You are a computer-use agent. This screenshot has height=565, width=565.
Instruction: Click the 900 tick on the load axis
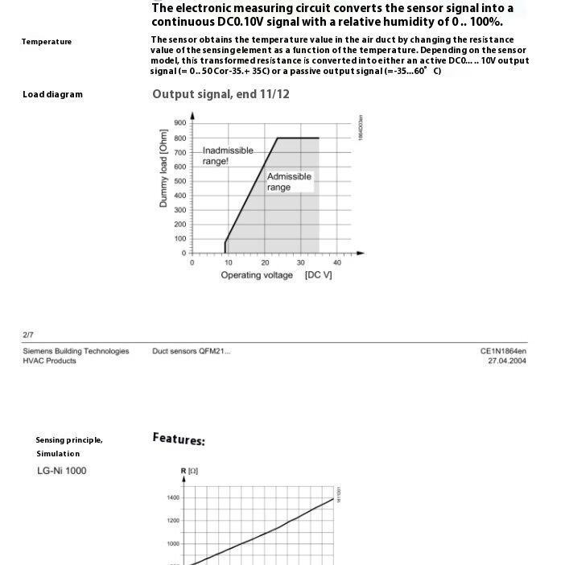[x=179, y=123]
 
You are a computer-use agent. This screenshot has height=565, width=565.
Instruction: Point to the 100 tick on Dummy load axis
[x=179, y=239]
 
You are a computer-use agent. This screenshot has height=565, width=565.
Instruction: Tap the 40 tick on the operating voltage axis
[x=337, y=262]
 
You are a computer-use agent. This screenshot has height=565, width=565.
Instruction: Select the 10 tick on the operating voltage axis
[x=228, y=262]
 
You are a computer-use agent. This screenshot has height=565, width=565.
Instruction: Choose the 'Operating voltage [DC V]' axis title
[x=276, y=275]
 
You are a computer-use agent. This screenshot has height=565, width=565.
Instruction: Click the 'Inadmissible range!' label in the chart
[x=227, y=155]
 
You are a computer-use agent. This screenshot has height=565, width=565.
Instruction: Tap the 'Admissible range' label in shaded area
[x=289, y=182]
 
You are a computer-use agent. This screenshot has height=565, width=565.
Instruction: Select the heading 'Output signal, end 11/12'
[x=221, y=94]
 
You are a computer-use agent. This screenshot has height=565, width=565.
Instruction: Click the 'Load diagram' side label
[x=52, y=95]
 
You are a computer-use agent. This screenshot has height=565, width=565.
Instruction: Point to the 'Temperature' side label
[x=46, y=42]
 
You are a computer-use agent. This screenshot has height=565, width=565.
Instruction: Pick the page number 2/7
[x=28, y=335]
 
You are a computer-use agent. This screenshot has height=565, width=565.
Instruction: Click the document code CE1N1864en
[x=503, y=351]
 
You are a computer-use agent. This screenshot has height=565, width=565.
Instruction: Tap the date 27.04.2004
[x=506, y=361]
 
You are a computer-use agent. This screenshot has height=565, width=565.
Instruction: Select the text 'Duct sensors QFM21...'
[x=191, y=351]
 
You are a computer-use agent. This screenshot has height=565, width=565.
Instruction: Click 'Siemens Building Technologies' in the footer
[x=76, y=351]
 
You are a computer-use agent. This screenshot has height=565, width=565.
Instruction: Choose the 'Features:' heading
[x=179, y=439]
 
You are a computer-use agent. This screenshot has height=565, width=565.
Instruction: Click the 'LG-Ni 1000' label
[x=61, y=471]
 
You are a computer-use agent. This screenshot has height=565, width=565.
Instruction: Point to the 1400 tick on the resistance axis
[x=173, y=498]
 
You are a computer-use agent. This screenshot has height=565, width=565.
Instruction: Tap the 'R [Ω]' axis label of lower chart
[x=188, y=469]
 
